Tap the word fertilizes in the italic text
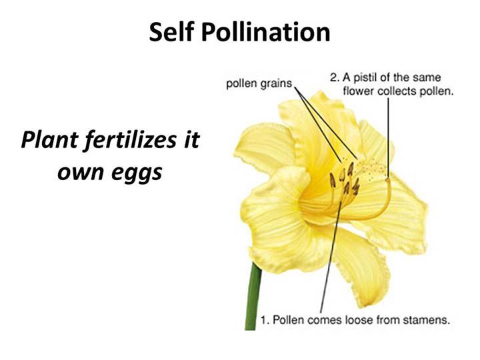coord(131,140)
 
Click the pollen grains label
coord(259,83)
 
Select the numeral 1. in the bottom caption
coord(265,320)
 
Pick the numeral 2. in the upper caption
coord(335,77)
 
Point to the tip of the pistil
coord(388,180)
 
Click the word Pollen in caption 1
coord(289,320)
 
